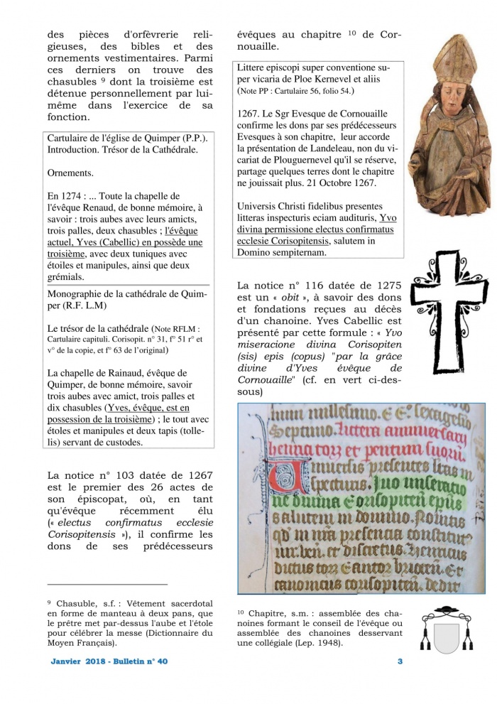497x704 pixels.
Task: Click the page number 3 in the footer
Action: click(400, 661)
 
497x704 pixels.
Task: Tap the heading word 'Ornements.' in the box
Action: click(72, 173)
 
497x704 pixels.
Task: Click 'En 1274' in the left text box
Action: click(68, 195)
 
